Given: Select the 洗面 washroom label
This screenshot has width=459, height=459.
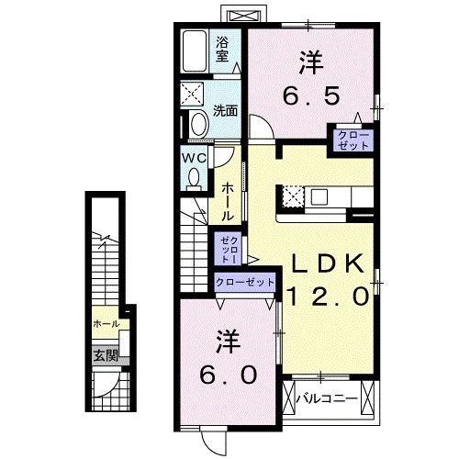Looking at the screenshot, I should click(x=226, y=111).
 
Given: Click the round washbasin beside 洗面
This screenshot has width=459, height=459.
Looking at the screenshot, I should click(x=197, y=124).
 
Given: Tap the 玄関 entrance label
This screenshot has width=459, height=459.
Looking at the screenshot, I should click(x=103, y=355).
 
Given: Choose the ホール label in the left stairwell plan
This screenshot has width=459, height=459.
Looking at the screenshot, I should click(x=105, y=325).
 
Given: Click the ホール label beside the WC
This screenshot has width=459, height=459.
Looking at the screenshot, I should click(x=227, y=200).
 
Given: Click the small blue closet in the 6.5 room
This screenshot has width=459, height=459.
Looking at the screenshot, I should click(x=353, y=141).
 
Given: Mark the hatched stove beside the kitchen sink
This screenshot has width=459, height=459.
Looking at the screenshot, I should click(x=293, y=196).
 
